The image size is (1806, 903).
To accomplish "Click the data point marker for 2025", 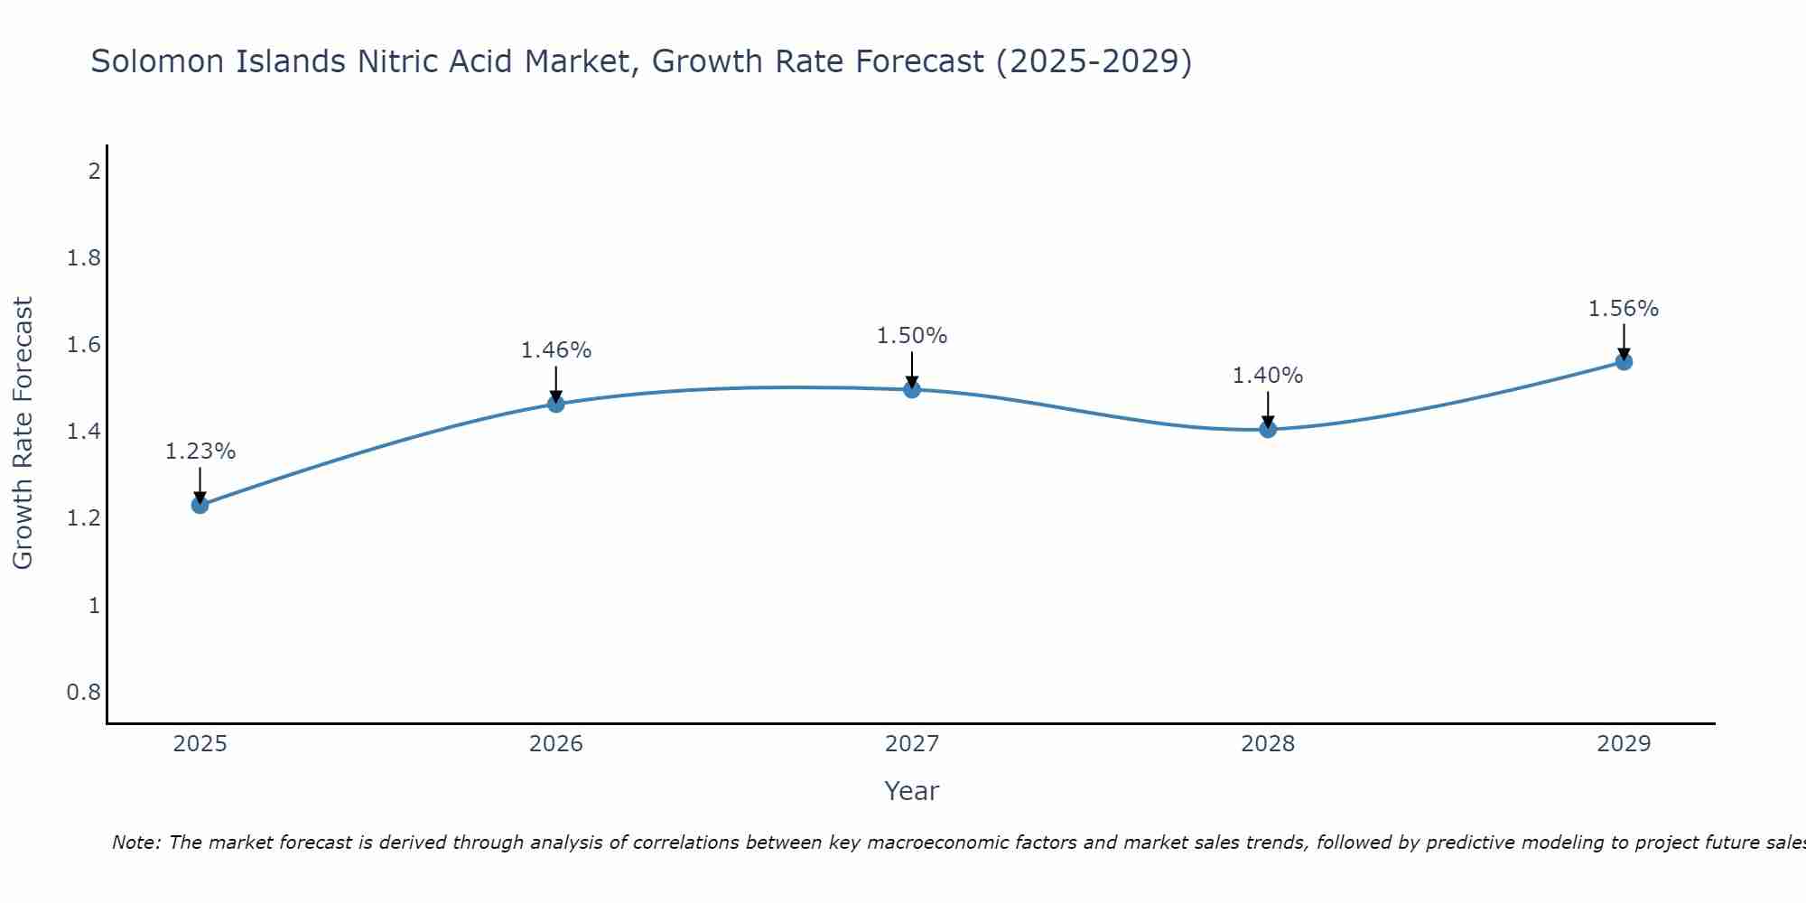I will coord(200,505).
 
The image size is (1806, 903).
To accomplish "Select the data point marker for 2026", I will coord(556,404).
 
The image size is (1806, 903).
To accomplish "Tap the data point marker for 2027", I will coord(912,389).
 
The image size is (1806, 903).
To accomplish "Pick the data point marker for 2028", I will coord(1268,429).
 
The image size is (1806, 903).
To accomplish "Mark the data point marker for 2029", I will coord(1624,362).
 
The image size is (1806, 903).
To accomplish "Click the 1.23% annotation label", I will coord(200,451).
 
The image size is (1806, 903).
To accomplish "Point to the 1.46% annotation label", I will coord(556,350).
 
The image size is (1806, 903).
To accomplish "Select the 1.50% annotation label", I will coord(912,336).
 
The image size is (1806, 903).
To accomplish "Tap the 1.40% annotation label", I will coord(1268,376).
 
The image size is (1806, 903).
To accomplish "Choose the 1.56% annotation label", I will coord(1624,309).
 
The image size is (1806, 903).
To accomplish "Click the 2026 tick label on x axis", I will coord(556,744).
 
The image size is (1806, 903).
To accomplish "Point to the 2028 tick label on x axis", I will coord(1268,744).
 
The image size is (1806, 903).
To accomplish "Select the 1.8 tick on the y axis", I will coord(84,258).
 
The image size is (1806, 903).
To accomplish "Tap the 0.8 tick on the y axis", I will coord(84,693).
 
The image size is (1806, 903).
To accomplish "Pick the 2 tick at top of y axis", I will coord(94,171).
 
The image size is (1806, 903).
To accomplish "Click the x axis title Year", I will coord(912,791).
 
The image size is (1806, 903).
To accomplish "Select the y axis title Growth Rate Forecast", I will coord(23,433).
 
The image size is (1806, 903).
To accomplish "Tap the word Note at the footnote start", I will coord(135,842).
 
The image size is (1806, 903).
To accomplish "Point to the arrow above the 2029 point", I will coord(1624,341).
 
